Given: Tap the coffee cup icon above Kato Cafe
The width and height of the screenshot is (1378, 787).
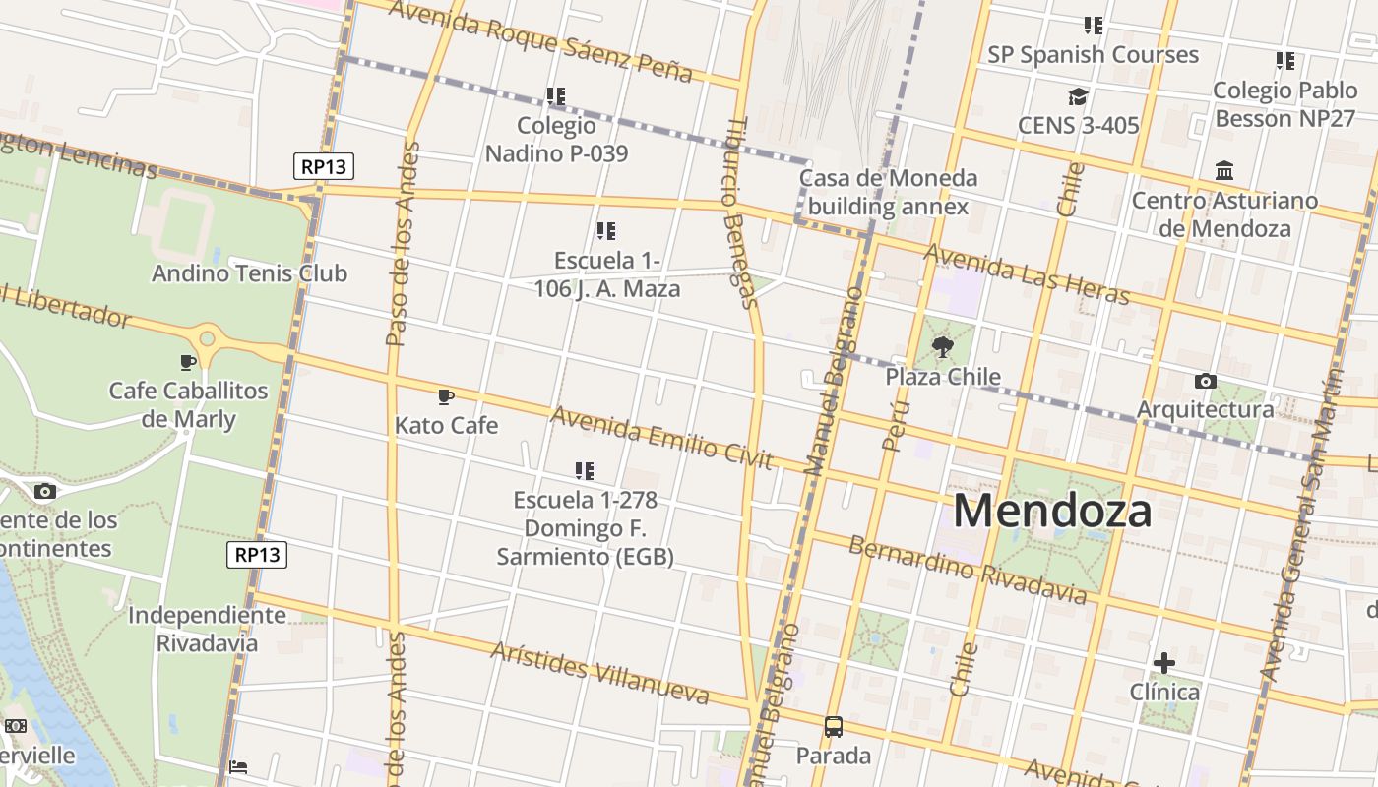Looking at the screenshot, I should (x=446, y=397).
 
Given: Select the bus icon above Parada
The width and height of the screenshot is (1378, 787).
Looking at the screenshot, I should (x=834, y=727).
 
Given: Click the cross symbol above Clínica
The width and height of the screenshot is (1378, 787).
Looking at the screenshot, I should (x=1164, y=663).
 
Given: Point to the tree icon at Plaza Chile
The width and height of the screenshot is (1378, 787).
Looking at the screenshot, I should (x=942, y=346).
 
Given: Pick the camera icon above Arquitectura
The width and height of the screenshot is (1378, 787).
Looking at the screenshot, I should (x=1205, y=381).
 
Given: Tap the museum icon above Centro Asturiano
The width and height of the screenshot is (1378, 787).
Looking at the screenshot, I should (x=1224, y=171).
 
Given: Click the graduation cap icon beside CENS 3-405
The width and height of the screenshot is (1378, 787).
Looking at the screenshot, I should (x=1078, y=96).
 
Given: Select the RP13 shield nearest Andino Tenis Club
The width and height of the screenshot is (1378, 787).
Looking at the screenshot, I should (x=324, y=166).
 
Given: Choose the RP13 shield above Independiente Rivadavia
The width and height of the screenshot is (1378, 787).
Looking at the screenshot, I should (x=259, y=555).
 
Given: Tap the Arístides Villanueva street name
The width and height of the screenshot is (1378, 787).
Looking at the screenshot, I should (x=599, y=674).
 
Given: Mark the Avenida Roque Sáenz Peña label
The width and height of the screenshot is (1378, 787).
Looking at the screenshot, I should (x=540, y=41).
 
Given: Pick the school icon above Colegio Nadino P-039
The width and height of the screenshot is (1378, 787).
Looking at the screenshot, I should (x=556, y=96).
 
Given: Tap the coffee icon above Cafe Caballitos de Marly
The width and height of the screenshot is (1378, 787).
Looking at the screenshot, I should (x=188, y=363).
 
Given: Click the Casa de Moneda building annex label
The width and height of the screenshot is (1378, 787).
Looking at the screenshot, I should (x=888, y=192).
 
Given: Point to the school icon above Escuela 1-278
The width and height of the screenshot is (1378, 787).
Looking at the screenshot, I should (x=585, y=471).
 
